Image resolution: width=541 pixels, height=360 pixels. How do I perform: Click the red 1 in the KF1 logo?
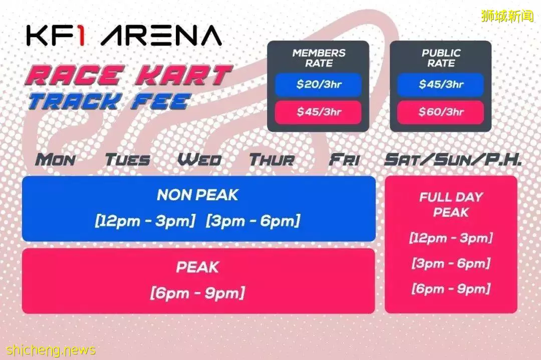coord(80,36)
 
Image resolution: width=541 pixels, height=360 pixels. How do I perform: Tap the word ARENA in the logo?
coord(161,36)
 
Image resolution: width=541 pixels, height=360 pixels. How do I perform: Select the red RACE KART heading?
coord(128,75)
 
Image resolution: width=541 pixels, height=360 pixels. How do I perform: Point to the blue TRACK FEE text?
coord(109,102)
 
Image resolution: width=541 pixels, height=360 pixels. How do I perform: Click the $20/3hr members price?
coord(319,84)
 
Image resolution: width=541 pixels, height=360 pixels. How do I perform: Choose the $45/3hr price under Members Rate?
coord(319,112)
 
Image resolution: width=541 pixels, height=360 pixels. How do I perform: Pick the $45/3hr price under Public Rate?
coord(441,84)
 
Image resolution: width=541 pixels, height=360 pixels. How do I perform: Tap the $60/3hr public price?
coord(441,112)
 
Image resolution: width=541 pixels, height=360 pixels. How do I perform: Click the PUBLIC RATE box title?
coord(441,58)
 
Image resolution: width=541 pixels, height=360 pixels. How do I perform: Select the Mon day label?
coord(55,160)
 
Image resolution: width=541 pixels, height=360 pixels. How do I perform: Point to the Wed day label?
coord(199,160)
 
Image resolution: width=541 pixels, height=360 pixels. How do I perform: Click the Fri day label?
coord(344,160)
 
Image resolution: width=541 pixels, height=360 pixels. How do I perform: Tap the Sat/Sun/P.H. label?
coord(453,160)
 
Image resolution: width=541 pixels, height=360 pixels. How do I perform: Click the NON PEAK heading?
coord(197,195)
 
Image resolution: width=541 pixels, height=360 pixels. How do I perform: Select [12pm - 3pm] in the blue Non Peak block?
coord(145,221)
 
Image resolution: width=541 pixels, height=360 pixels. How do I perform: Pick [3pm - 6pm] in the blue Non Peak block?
coord(253,221)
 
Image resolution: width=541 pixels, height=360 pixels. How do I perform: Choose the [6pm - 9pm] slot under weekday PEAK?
coord(197,293)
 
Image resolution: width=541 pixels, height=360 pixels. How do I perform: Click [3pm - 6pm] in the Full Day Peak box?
coord(451,263)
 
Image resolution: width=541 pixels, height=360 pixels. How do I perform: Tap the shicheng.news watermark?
coord(51,350)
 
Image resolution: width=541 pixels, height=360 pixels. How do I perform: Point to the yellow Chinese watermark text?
coord(507,16)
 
